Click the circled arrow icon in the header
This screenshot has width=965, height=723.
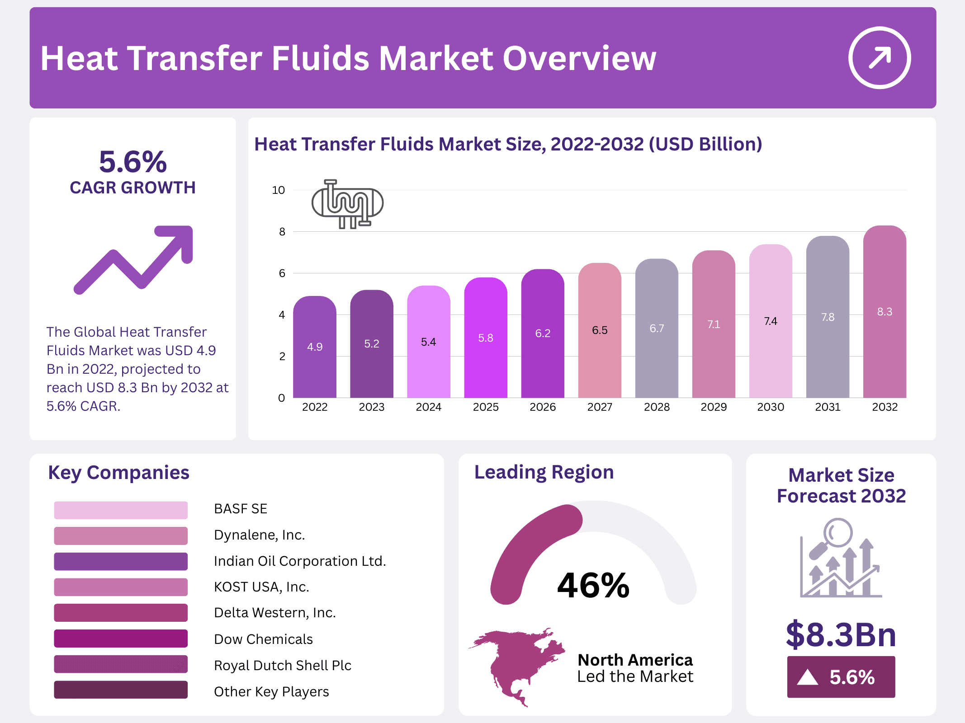click(x=879, y=58)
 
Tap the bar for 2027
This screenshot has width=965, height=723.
click(x=600, y=330)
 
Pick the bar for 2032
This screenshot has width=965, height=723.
click(x=885, y=312)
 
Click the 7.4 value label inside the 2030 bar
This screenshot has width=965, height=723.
click(x=771, y=321)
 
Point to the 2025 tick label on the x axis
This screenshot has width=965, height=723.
click(x=486, y=407)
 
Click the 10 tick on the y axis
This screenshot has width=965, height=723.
click(x=279, y=190)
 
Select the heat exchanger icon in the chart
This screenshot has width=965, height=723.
click(x=347, y=204)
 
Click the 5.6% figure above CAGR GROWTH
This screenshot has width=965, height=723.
click(x=133, y=162)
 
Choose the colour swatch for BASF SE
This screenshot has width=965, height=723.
click(x=121, y=510)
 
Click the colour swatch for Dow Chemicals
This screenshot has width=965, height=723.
click(x=121, y=638)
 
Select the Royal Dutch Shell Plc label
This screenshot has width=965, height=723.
click(x=283, y=665)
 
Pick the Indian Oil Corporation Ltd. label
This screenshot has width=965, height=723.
click(x=300, y=561)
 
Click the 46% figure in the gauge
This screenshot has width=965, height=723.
click(x=593, y=585)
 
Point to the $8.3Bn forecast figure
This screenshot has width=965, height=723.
click(x=841, y=634)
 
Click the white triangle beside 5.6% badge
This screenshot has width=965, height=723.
click(x=808, y=677)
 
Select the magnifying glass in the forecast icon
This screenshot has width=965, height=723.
click(x=837, y=533)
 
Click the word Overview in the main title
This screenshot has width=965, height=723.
click(x=579, y=58)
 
